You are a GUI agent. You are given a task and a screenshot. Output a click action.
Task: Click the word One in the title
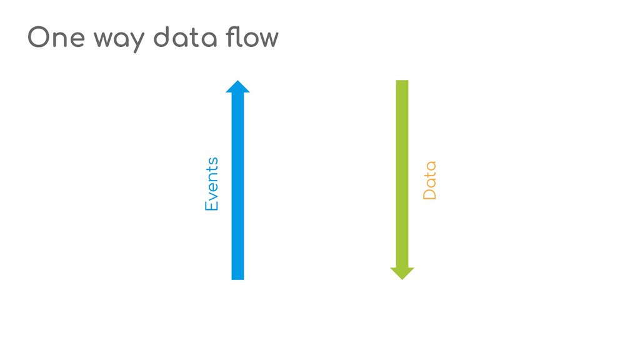click(56, 38)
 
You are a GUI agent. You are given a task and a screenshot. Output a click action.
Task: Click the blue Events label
click(212, 183)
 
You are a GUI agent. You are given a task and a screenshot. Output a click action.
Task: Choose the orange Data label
click(429, 181)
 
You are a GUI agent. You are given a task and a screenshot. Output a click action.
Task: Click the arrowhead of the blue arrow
click(237, 86)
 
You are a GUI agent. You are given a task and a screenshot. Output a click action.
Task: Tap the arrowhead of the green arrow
click(402, 273)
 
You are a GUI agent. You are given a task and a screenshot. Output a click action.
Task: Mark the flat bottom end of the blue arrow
click(237, 278)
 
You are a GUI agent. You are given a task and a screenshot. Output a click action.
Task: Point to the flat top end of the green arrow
click(402, 82)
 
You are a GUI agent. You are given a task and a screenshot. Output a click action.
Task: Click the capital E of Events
click(212, 204)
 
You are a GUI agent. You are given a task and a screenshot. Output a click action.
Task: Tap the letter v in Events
click(213, 194)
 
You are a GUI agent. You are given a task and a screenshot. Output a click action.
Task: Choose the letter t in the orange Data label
click(429, 174)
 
